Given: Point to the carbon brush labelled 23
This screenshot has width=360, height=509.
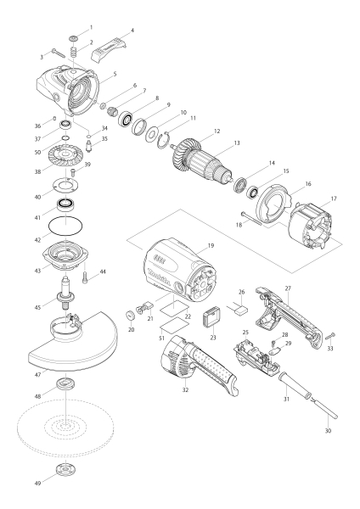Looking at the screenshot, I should (x=207, y=317).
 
